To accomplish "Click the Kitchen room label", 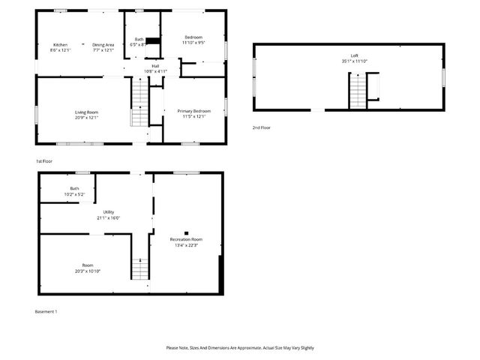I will pos(60,45).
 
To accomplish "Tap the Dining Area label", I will pos(103,45).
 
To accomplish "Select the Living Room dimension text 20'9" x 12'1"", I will pos(87,118).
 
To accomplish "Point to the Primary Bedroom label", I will pos(194,112).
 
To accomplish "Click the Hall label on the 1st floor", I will pos(155,66).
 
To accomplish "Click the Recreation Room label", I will pos(186,239).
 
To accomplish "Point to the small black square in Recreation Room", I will pos(186,232).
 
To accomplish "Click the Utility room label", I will pos(108,213).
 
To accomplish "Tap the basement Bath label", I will pos(74,188).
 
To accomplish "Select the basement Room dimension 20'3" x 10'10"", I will pos(87,271).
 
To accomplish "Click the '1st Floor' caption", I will pos(44,161).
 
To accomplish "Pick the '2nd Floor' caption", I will pos(261,128).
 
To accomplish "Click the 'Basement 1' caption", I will pos(46,311).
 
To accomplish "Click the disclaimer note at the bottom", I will pos(240,348).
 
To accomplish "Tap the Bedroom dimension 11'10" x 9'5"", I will pos(194,43).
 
